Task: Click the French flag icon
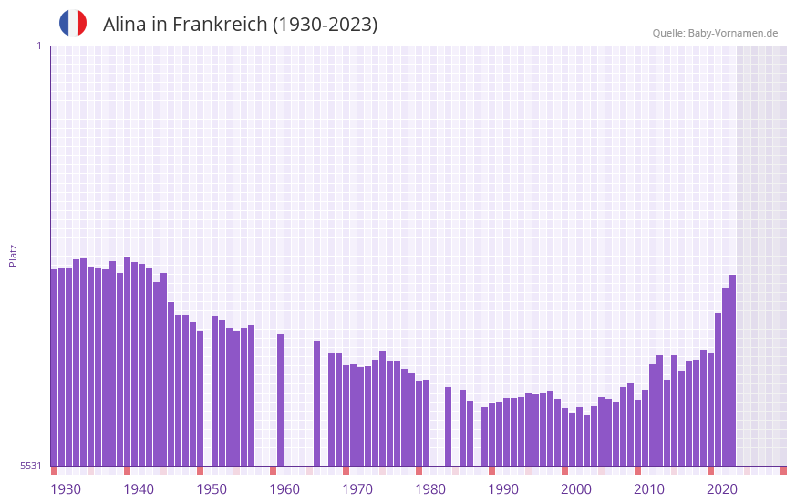tap(73, 23)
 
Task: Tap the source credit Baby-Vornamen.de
tap(733, 33)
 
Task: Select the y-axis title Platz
tap(13, 255)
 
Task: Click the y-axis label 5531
tap(31, 466)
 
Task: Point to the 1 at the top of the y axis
tap(38, 46)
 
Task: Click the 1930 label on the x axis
tap(66, 489)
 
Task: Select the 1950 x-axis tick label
tap(212, 489)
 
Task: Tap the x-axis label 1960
tap(284, 489)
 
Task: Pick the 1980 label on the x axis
tap(430, 489)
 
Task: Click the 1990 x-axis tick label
tap(503, 489)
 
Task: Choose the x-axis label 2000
tap(576, 489)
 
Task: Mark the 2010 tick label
tap(649, 489)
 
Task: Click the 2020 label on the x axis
tap(722, 489)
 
